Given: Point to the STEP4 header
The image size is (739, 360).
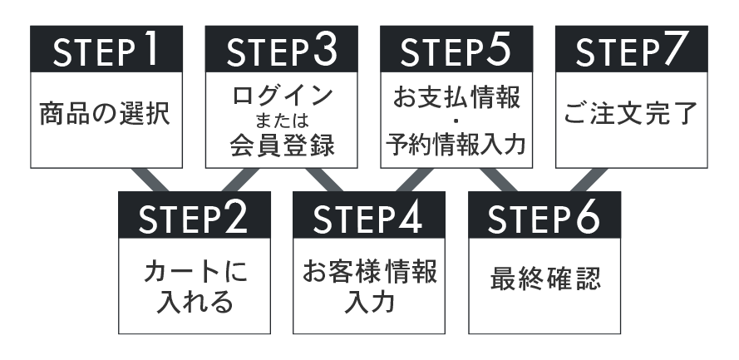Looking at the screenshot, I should (368, 217).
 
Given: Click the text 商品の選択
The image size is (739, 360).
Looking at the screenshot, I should (105, 115).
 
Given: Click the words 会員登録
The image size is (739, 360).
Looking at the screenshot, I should (282, 146).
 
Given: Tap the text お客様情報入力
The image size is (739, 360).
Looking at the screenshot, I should (368, 287).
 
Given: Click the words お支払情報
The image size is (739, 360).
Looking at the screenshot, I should (456, 97).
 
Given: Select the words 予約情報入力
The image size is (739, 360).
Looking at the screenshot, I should (456, 146).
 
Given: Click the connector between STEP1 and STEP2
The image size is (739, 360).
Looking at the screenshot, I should (150, 180).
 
